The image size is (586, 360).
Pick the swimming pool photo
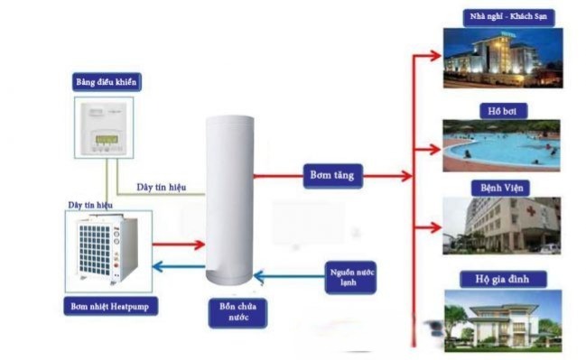coord(500,145)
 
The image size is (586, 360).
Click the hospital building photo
coord(500,226)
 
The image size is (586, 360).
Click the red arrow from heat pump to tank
coord(178,244)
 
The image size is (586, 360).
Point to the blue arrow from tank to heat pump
coord(178,266)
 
